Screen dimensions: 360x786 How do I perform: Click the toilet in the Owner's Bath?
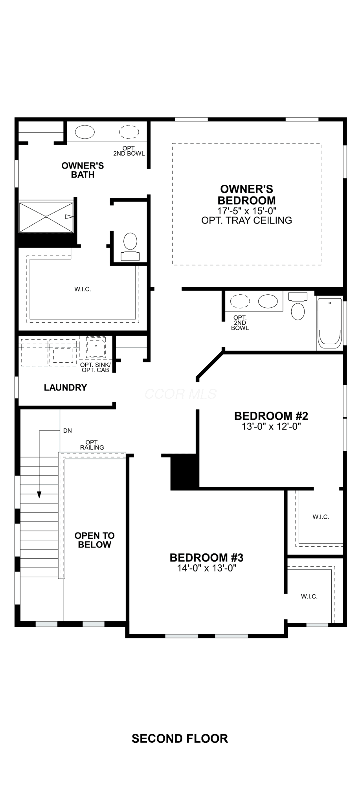[130, 247]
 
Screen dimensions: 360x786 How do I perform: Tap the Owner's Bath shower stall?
[46, 217]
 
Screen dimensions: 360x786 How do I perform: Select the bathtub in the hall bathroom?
[329, 323]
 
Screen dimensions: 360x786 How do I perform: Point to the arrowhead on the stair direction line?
[39, 495]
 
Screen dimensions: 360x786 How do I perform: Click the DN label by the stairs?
[68, 431]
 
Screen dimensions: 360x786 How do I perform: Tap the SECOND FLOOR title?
[180, 739]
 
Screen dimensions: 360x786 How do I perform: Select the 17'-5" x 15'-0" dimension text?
[247, 211]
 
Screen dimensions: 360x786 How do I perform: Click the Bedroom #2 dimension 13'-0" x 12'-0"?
[271, 426]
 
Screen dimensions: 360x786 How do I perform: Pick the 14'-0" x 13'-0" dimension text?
[207, 568]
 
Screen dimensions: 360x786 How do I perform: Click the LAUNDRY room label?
[65, 387]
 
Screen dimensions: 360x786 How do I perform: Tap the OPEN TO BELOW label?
[95, 540]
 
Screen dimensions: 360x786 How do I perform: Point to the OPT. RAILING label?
[92, 445]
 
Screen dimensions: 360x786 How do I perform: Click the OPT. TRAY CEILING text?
[247, 220]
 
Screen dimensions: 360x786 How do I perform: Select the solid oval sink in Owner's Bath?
[85, 132]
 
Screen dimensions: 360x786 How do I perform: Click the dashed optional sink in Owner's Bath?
[129, 132]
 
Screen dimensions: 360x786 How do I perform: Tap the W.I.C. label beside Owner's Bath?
[83, 289]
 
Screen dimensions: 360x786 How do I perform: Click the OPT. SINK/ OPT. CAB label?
[96, 367]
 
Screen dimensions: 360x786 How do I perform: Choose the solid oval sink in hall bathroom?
[268, 301]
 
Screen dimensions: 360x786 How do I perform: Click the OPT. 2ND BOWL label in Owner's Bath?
[129, 151]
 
